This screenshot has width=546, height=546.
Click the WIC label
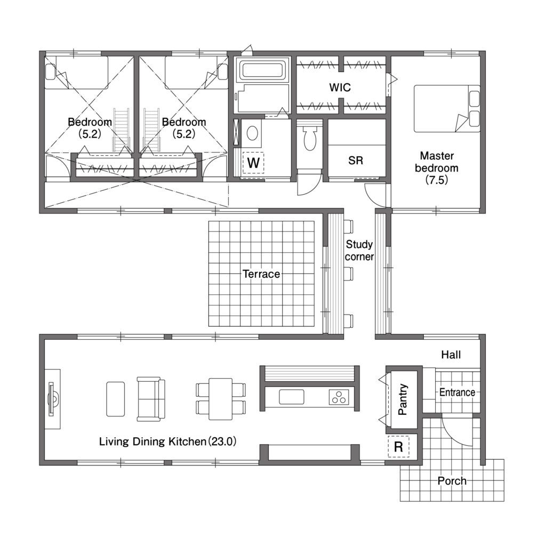340,87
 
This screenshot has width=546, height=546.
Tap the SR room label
356,160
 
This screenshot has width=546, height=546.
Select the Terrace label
261,274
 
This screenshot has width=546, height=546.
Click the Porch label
452,481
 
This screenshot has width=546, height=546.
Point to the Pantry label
403,399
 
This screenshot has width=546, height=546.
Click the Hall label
451,355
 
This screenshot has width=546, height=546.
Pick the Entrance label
457,392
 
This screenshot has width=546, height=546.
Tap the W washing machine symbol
253,163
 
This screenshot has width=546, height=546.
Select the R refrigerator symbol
398,446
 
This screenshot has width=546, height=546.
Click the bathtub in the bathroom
262,70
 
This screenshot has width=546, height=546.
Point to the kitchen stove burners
339,397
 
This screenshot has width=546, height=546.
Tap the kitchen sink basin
291,397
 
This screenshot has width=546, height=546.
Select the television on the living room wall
52,399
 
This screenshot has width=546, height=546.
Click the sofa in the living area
151,399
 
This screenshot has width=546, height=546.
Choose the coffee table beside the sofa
116,399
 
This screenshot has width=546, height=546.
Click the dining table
220,399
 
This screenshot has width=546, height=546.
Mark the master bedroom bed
447,109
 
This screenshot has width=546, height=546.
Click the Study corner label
359,251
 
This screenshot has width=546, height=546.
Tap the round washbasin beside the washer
252,133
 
